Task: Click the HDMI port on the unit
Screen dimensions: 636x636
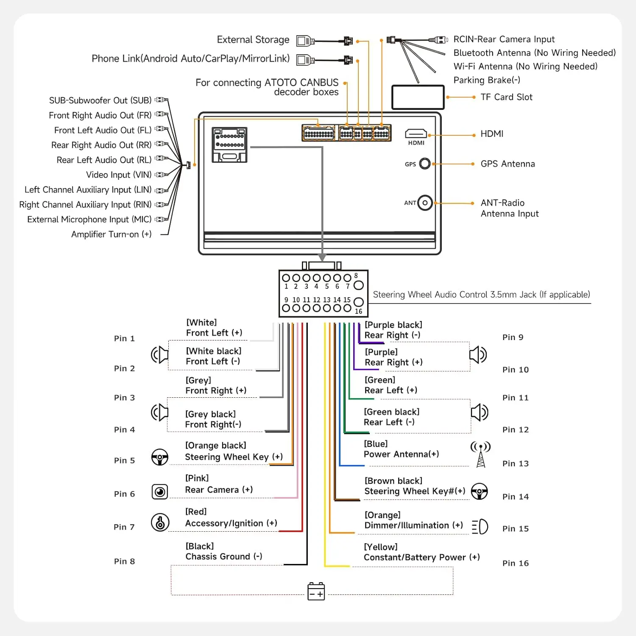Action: (x=416, y=134)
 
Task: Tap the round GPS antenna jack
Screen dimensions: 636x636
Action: (x=424, y=164)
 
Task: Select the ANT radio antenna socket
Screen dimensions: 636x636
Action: (x=425, y=203)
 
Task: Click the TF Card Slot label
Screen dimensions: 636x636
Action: (x=506, y=97)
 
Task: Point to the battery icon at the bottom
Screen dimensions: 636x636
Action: (x=316, y=591)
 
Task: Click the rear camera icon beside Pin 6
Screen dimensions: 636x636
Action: (x=160, y=492)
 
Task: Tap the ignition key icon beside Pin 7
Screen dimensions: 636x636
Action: (x=160, y=522)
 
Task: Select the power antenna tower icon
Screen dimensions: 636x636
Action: (x=480, y=454)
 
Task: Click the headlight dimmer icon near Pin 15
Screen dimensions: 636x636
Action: (x=480, y=527)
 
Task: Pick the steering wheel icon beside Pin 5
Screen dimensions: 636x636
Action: (x=160, y=457)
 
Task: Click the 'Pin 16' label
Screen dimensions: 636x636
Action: (x=516, y=563)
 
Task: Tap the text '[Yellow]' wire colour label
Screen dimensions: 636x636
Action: (x=381, y=547)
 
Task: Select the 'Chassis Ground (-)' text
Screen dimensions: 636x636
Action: (x=224, y=556)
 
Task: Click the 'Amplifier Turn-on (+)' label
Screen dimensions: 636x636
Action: (x=111, y=234)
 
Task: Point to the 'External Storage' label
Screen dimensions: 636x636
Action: (x=253, y=39)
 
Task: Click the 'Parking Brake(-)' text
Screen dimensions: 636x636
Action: (x=487, y=80)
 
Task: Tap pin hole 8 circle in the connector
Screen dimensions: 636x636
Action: (x=358, y=285)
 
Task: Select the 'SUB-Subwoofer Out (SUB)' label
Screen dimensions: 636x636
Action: (x=100, y=100)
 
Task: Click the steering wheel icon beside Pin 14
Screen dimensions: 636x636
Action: (x=479, y=491)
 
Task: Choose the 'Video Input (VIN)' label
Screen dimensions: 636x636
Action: (x=119, y=175)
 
